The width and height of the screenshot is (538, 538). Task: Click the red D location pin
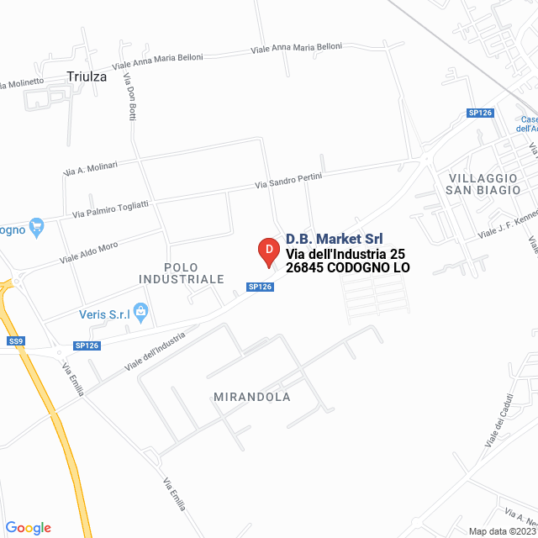pyautogui.click(x=267, y=251)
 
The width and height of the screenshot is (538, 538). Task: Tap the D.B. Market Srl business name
pyautogui.click(x=335, y=239)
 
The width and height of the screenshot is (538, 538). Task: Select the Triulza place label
pyautogui.click(x=87, y=76)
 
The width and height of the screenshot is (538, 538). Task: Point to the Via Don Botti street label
pyautogui.click(x=129, y=98)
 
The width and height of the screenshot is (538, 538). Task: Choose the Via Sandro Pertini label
pyautogui.click(x=288, y=180)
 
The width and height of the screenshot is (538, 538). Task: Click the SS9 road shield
pyautogui.click(x=16, y=340)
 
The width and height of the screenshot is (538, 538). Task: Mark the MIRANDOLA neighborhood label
pyautogui.click(x=251, y=397)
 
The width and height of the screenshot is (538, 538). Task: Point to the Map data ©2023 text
pyautogui.click(x=502, y=531)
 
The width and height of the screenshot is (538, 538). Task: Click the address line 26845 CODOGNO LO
pyautogui.click(x=347, y=268)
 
